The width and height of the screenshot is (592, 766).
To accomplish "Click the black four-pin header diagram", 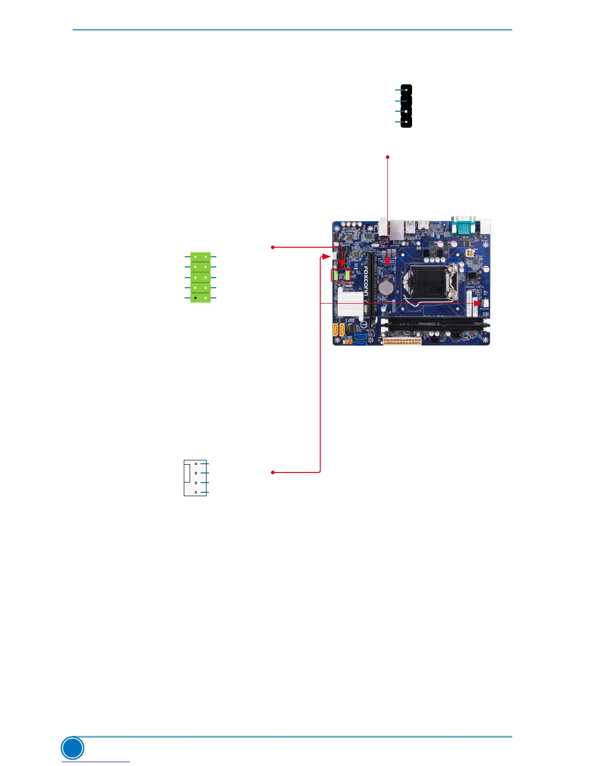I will coord(406,106).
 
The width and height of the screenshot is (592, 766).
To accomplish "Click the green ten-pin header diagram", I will coord(200,277).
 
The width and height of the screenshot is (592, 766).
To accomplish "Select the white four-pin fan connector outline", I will coord(195,478).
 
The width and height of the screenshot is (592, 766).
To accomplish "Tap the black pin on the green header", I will coord(195,298).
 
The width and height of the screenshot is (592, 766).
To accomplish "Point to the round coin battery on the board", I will coord(385,289).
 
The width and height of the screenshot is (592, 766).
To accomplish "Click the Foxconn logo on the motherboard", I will coord(367,280).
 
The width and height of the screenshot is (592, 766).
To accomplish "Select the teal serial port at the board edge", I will coord(464,226).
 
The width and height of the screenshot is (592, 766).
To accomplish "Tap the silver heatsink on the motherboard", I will coord(349,304).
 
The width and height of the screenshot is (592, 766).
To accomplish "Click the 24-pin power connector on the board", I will coord(401,341).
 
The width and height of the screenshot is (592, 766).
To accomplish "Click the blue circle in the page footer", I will coord(73,748).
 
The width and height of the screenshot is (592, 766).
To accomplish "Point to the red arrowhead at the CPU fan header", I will coord(476,303).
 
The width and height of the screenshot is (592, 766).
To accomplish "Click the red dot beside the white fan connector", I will coord(273,472).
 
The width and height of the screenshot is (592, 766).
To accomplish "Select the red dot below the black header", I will coord(387,157).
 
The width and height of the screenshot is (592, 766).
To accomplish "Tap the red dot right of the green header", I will coord(273,247).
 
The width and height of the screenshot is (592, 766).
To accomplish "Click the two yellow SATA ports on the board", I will coord(338,330).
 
